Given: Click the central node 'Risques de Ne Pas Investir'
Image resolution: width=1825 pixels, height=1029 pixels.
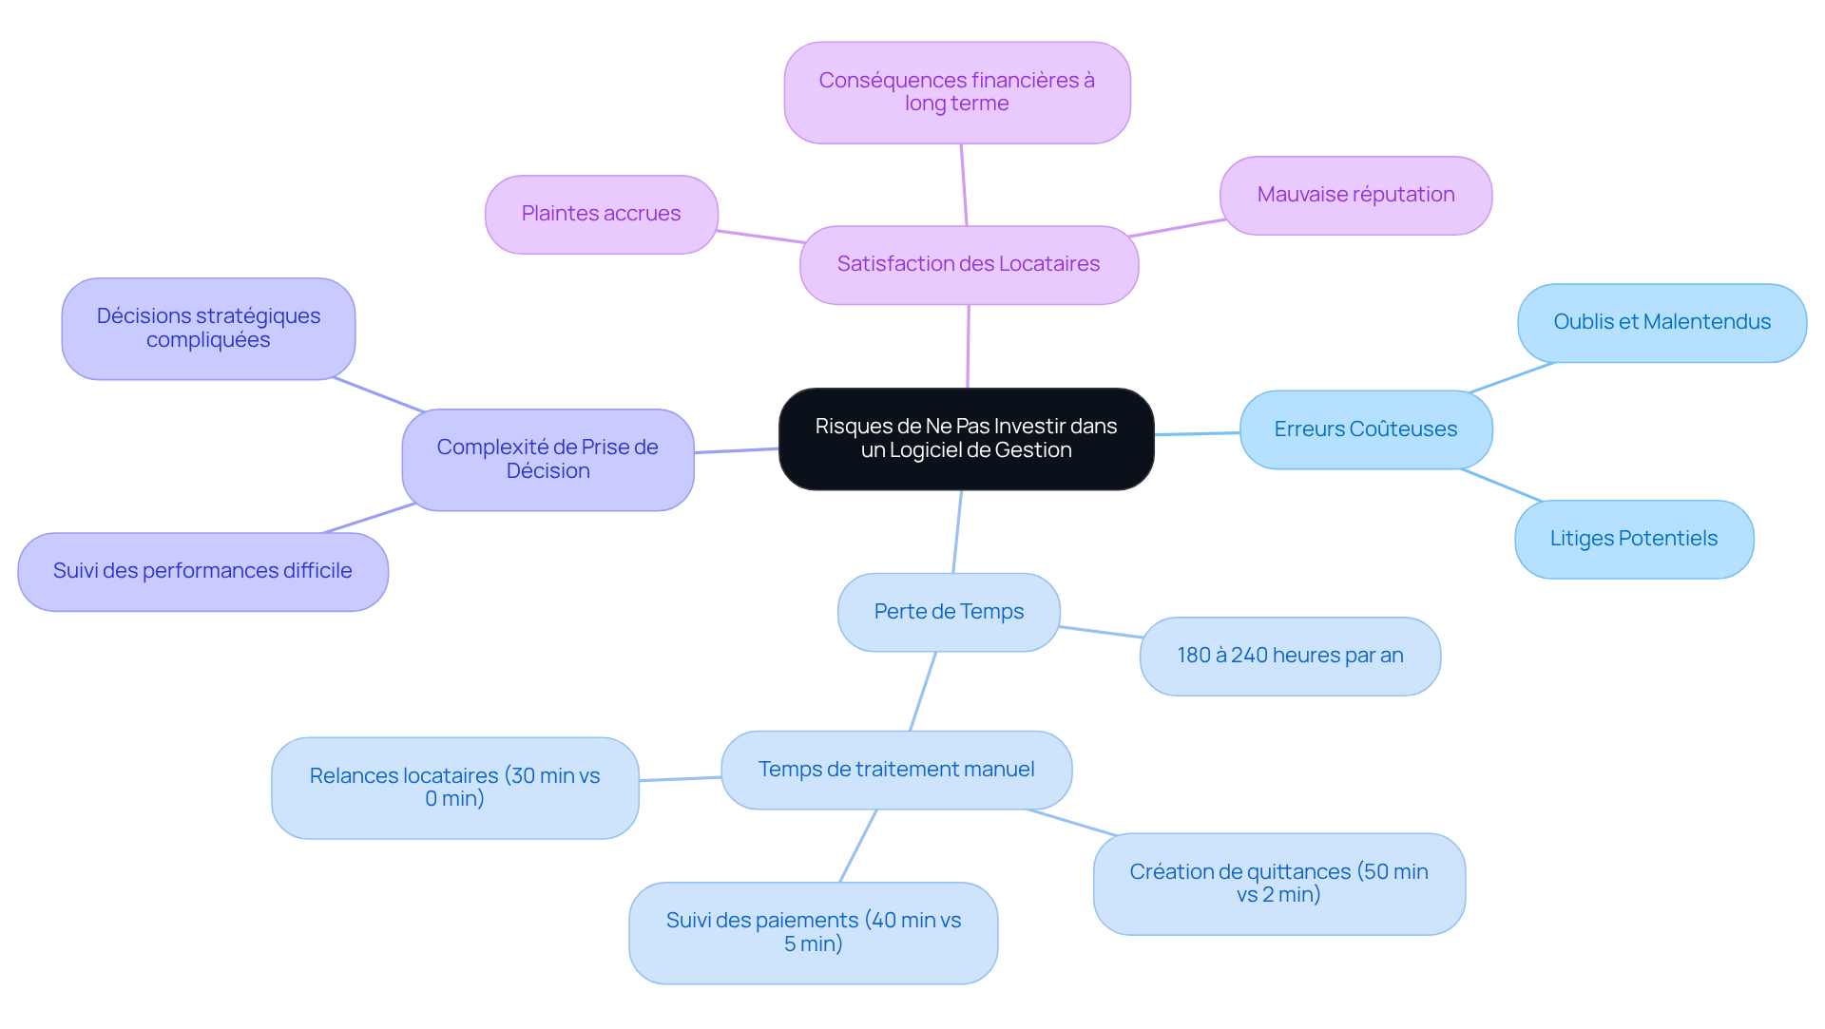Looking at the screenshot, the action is pos(966,439).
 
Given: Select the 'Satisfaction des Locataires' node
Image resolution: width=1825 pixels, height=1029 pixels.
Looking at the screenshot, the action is pos(969,265).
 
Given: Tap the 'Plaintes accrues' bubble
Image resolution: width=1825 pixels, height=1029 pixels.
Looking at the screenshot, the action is pos(602,215).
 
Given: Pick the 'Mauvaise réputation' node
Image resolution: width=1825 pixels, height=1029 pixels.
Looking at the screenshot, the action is pos(1355,196).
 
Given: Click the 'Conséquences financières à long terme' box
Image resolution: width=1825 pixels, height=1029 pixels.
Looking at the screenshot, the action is pos(957,93).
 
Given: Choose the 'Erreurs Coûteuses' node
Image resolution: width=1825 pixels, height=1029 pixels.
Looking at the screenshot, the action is pos(1366,429).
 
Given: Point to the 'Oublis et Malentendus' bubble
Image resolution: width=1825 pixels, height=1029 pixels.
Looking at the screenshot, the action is pos(1662,323).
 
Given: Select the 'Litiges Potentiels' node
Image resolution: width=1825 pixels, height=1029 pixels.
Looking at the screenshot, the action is pos(1634,540).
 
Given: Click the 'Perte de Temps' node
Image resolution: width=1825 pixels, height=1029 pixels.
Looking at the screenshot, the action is pos(949,613).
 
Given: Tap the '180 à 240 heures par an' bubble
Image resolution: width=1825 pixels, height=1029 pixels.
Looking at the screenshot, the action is pos(1290,657).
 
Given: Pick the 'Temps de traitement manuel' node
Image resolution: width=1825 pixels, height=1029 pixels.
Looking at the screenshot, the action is pos(896,771).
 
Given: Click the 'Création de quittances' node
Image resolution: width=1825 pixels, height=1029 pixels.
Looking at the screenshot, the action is pos(1278,885).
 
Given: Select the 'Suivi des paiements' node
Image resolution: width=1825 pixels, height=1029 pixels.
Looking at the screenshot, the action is pos(814,933).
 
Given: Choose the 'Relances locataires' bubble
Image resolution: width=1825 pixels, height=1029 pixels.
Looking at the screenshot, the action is pos(455,789).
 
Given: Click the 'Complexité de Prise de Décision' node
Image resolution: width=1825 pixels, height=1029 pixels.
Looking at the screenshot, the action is pos(547,460).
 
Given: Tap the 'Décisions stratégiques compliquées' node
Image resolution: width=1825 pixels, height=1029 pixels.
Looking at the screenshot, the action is pos(208,329).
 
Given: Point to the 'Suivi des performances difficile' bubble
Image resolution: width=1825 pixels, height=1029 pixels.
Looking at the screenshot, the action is pos(203,572).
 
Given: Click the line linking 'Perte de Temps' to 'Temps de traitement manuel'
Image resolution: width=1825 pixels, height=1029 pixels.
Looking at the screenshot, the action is pos(923,692).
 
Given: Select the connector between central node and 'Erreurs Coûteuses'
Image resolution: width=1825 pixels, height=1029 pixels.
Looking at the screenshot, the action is pos(1198,433).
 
